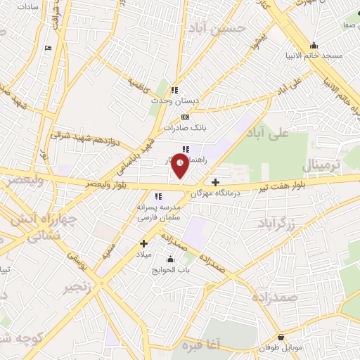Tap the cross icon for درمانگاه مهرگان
click(215, 182)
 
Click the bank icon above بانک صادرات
click(184, 117)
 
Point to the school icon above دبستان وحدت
click(175, 90)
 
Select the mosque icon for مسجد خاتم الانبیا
click(314, 44)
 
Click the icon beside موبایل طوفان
click(282, 337)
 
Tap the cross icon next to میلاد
click(143, 243)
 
